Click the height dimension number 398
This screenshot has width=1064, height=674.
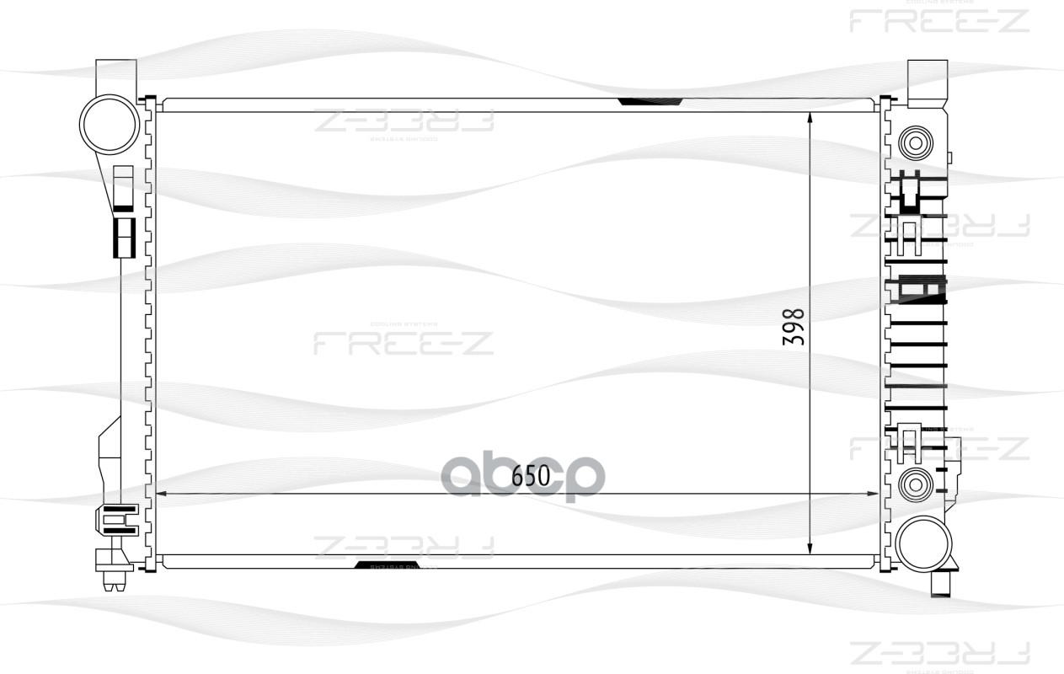pyautogui.click(x=794, y=327)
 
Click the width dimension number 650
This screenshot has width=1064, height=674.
pyautogui.click(x=531, y=476)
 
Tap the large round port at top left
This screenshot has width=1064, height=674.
pyautogui.click(x=109, y=123)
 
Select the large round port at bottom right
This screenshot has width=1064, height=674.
pyautogui.click(x=924, y=544)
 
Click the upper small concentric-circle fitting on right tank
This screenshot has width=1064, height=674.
pyautogui.click(x=916, y=141)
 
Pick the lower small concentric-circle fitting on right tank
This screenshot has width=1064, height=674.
pyautogui.click(x=916, y=484)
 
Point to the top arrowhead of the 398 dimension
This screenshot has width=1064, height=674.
pyautogui.click(x=810, y=118)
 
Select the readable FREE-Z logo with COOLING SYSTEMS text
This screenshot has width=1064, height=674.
pyautogui.click(x=404, y=340)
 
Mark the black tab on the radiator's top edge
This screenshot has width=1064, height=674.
pyautogui.click(x=650, y=102)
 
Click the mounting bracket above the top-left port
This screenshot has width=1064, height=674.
pyautogui.click(x=116, y=77)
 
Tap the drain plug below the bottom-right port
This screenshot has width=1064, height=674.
pyautogui.click(x=943, y=583)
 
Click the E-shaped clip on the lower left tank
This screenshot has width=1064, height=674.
pyautogui.click(x=119, y=520)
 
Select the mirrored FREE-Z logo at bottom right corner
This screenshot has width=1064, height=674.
pyautogui.click(x=939, y=653)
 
